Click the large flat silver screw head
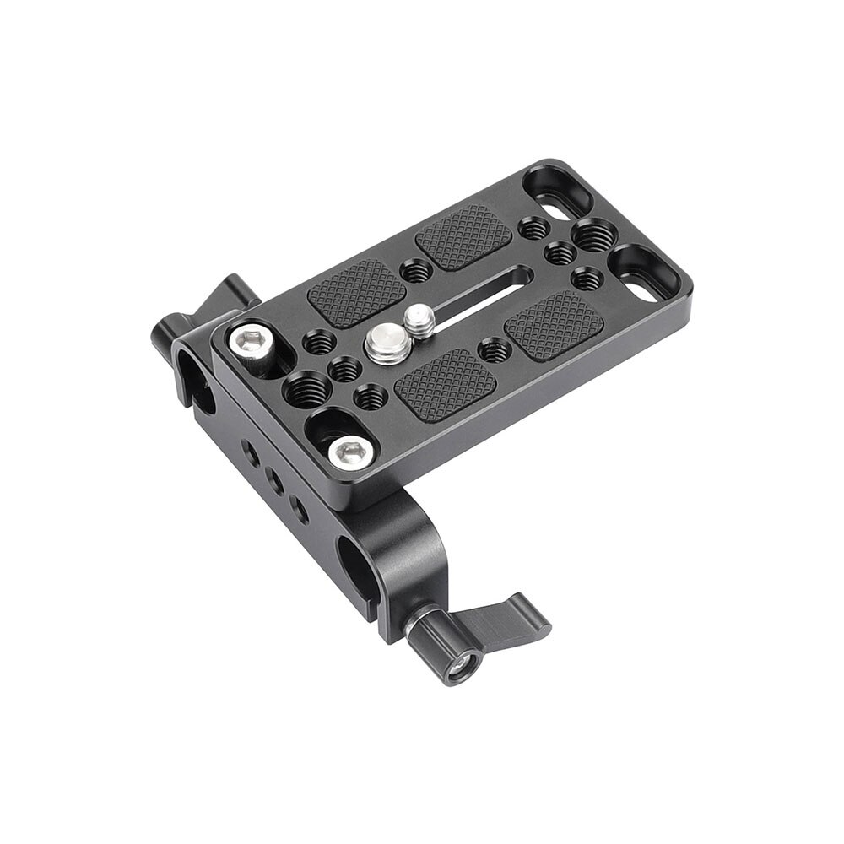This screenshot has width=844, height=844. tap(383, 346)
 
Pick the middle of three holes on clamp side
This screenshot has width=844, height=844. tap(274, 481)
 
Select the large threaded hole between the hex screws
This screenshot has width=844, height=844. tap(302, 390)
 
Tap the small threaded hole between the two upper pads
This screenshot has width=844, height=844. tap(414, 270)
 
